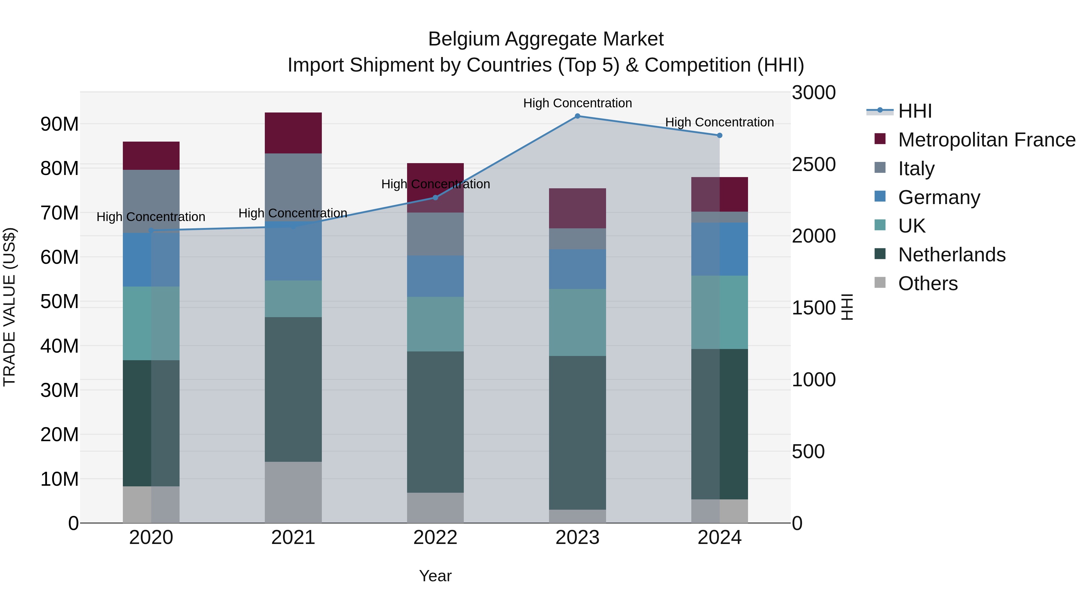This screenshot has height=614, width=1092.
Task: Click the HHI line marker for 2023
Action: pos(577,116)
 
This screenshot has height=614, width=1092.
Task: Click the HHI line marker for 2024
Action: pos(720,136)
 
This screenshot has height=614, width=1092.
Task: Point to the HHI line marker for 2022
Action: pos(435,197)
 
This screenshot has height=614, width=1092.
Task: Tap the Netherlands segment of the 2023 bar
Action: pos(577,432)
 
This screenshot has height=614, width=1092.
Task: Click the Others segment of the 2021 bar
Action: pos(293,492)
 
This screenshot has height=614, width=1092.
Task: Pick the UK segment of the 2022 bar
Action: pos(435,324)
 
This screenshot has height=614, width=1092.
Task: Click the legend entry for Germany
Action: pos(939,197)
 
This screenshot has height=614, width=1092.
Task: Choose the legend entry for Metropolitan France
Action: pos(986,140)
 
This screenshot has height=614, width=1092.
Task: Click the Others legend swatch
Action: pos(880,283)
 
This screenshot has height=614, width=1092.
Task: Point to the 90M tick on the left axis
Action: pos(59,124)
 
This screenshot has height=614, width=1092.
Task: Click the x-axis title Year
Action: pos(435,576)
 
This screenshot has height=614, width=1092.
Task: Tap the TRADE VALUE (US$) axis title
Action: pos(9,307)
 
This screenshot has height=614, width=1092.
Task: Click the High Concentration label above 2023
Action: pos(577,103)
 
